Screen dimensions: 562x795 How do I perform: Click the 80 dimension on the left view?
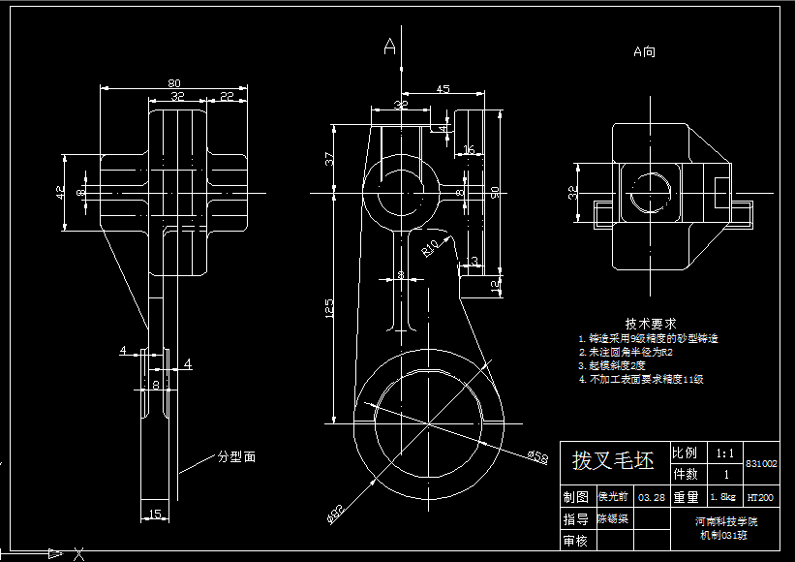tap(174, 82)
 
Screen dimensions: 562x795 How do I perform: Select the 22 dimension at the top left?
tap(226, 96)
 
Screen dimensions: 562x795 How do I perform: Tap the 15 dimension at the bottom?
tap(155, 514)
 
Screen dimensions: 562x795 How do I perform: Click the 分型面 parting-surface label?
tap(236, 454)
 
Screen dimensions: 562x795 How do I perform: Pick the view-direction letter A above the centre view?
tap(390, 46)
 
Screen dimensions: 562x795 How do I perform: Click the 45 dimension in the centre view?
tap(443, 89)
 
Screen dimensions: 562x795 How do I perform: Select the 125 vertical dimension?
tap(329, 308)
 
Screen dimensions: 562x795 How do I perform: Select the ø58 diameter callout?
tap(537, 455)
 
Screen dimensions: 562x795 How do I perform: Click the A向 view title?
tap(644, 51)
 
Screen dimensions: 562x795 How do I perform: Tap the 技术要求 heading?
tap(650, 323)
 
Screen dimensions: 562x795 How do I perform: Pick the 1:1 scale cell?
tap(724, 453)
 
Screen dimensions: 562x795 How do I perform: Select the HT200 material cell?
tap(760, 497)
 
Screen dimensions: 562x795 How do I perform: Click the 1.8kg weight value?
tap(723, 497)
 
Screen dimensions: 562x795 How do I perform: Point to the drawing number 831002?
tap(761, 464)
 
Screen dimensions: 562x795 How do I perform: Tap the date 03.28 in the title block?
tap(652, 497)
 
